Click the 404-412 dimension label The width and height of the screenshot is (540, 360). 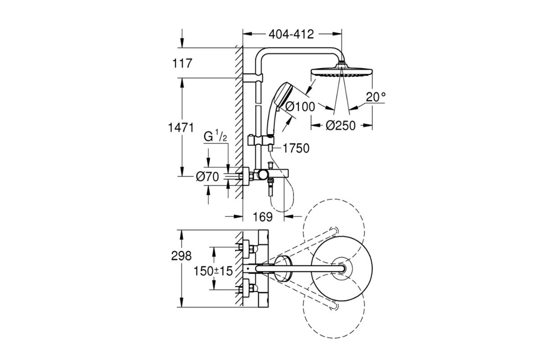(x=291, y=35)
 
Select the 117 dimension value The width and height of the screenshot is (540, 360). (x=182, y=63)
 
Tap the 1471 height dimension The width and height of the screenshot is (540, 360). (x=181, y=127)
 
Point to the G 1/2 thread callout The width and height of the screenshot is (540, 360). (x=215, y=136)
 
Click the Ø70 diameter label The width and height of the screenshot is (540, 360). (x=207, y=177)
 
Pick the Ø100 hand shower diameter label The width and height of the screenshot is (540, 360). (x=300, y=107)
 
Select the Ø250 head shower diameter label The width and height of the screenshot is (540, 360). (x=341, y=126)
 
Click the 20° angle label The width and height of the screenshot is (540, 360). (x=376, y=97)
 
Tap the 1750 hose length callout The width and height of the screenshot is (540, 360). (x=296, y=148)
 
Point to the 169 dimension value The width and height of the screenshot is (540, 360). (x=263, y=217)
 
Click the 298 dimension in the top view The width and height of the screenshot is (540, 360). (x=181, y=256)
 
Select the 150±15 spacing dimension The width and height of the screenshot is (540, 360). (x=213, y=271)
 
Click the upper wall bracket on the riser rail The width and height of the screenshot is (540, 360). (x=252, y=78)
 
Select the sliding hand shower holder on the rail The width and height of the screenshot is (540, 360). (x=261, y=140)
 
